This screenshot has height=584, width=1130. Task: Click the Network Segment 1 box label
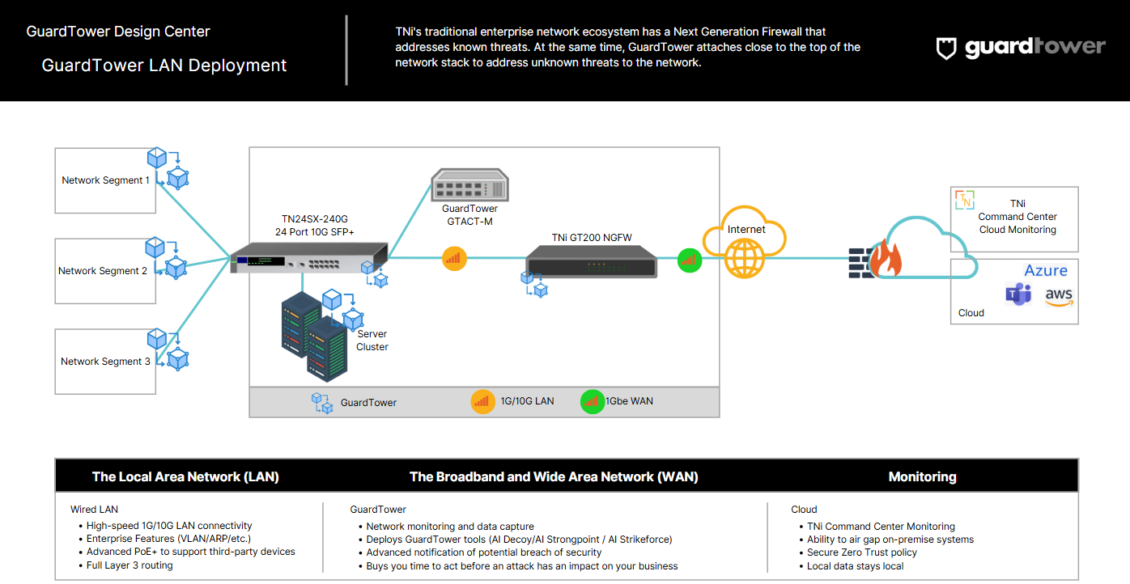105,180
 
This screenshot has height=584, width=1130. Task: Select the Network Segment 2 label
103,271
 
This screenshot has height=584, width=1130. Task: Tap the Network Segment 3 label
105,362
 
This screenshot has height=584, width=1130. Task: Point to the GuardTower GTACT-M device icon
470,185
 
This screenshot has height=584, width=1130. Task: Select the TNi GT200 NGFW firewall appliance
592,260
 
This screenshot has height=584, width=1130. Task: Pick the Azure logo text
1046,270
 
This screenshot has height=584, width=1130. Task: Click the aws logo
1059,297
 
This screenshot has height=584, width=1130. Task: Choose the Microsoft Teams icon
1017,294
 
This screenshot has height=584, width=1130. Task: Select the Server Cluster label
372,341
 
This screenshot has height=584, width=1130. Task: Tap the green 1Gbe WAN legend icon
593,401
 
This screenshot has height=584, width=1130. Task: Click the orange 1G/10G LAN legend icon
483,401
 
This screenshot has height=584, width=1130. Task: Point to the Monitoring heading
922,476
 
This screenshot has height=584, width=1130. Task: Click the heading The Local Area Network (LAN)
185,476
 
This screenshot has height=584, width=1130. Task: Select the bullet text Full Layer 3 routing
130,565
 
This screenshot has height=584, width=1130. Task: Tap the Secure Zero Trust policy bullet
862,552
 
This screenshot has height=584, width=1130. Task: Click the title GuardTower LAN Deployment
164,66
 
